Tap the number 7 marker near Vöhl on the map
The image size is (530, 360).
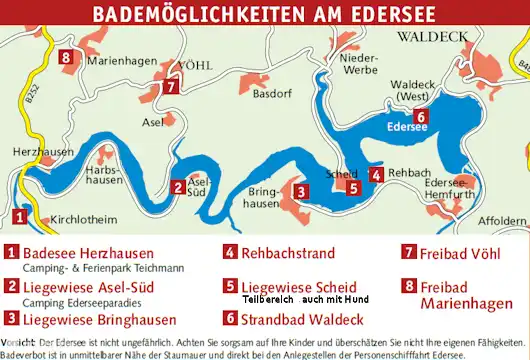click(x=172, y=86)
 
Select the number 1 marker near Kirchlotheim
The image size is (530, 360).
click(x=19, y=215)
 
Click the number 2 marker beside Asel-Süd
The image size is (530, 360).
click(x=177, y=186)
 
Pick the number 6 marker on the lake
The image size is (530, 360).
click(x=421, y=117)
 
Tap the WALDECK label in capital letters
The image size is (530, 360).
click(x=432, y=37)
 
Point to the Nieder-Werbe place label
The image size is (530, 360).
click(x=357, y=64)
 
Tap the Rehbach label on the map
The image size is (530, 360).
click(x=408, y=172)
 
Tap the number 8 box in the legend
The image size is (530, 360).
click(x=408, y=286)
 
